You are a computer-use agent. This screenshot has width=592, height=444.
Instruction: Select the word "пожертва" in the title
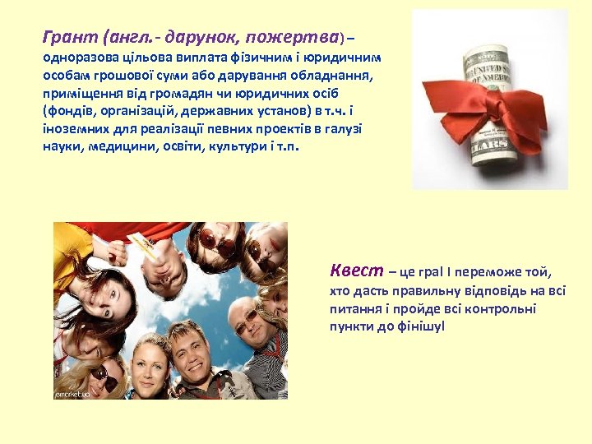[x=294, y=37]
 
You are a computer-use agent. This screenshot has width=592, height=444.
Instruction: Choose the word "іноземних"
[x=70, y=129]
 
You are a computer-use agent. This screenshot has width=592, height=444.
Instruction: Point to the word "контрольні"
[x=501, y=309]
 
